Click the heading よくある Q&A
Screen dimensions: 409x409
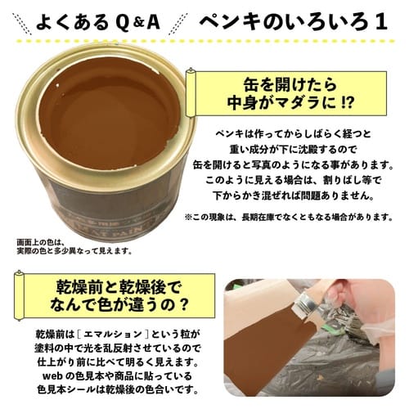[x=98, y=23]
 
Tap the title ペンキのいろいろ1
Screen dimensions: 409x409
[x=294, y=22]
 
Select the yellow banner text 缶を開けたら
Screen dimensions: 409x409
[x=290, y=85]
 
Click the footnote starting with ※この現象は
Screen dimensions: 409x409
[x=289, y=218]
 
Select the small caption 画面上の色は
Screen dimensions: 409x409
[x=40, y=242]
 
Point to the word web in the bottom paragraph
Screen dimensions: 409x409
[x=53, y=376]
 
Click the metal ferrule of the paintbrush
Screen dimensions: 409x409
[x=308, y=308]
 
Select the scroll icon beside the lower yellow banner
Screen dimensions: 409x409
[x=19, y=295]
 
